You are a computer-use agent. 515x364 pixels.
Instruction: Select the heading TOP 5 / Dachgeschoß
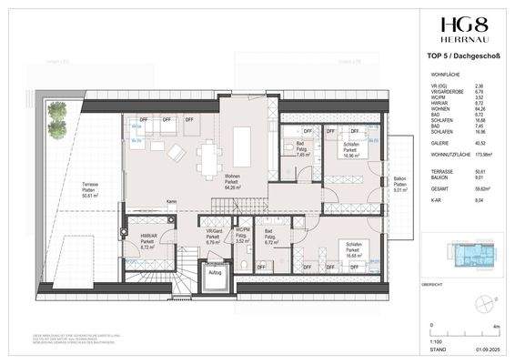459,58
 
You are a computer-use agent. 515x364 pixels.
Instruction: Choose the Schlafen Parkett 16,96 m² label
347,148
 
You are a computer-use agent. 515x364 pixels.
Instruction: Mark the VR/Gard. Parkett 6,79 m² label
214,238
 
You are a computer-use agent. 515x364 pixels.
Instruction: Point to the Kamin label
170,201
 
